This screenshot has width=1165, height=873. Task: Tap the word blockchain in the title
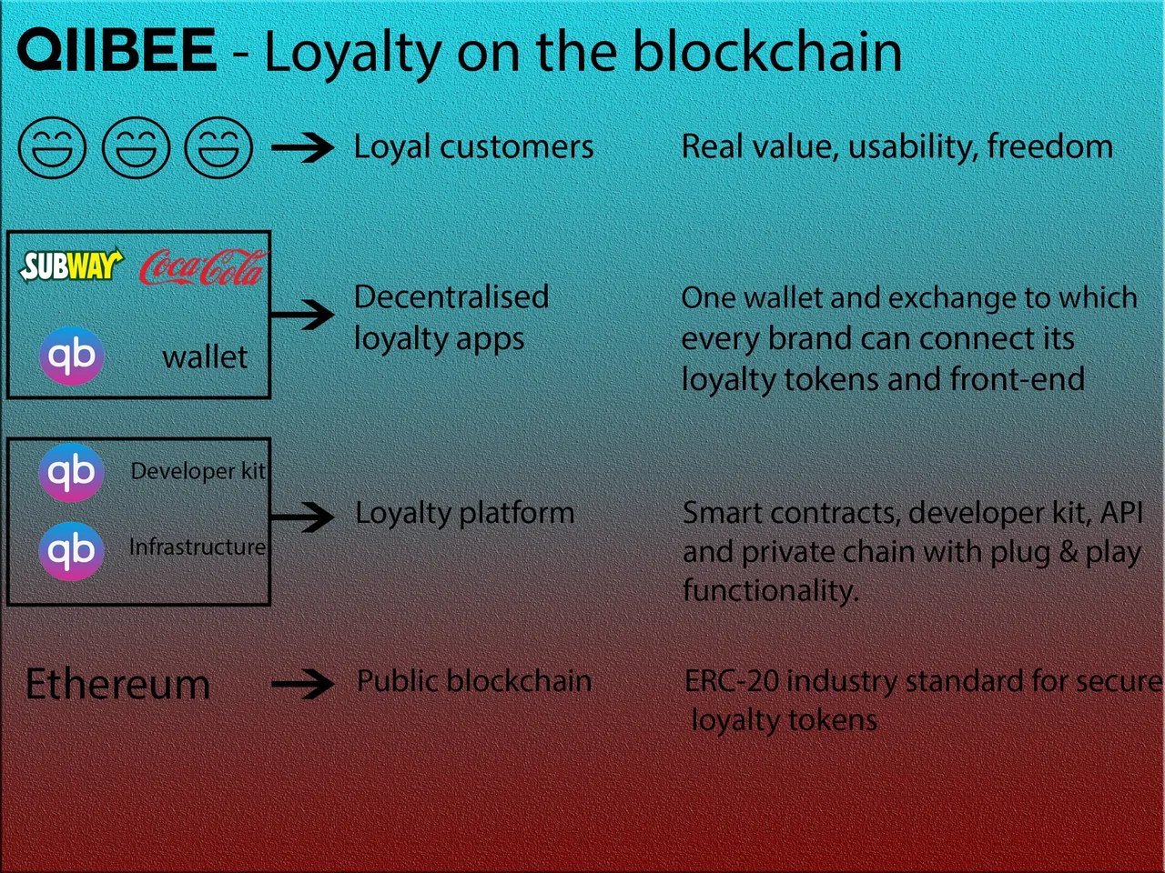pyautogui.click(x=767, y=52)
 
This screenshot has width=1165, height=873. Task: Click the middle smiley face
pyautogui.click(x=136, y=146)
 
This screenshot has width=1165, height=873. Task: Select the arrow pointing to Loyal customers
pyautogui.click(x=302, y=146)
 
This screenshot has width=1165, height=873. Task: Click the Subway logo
pyautogui.click(x=71, y=265)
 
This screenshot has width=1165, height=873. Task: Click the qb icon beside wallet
pyautogui.click(x=72, y=356)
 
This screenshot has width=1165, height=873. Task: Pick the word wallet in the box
pyautogui.click(x=205, y=357)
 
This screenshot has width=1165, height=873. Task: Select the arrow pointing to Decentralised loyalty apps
pyautogui.click(x=302, y=315)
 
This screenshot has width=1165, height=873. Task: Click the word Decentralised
pyautogui.click(x=451, y=296)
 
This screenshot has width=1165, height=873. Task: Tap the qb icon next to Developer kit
pyautogui.click(x=71, y=472)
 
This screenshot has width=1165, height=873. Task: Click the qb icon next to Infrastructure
pyautogui.click(x=71, y=551)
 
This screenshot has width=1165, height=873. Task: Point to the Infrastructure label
pyautogui.click(x=198, y=547)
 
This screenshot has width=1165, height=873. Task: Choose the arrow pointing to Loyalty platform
pyautogui.click(x=302, y=517)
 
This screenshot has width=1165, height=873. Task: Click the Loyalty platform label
pyautogui.click(x=465, y=514)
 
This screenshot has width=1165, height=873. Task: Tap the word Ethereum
pyautogui.click(x=117, y=684)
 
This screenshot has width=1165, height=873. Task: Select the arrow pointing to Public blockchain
pyautogui.click(x=302, y=684)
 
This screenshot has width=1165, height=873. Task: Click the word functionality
pyautogui.click(x=771, y=590)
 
